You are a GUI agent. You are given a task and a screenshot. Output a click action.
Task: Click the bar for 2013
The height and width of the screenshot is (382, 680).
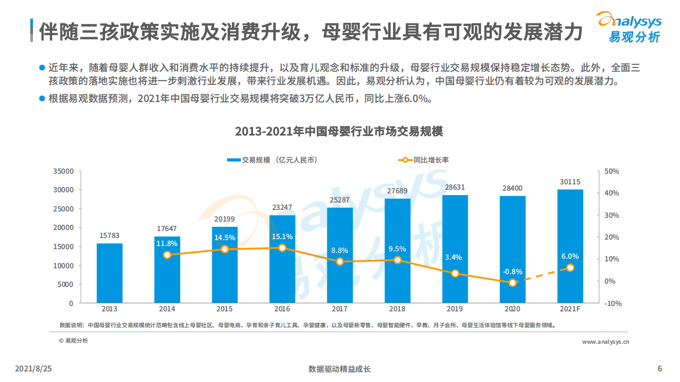click(110, 273)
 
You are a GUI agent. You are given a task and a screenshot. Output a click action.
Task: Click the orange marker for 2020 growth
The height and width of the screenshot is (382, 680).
click(513, 283)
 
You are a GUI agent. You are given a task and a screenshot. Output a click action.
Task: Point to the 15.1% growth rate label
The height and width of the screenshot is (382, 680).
click(282, 236)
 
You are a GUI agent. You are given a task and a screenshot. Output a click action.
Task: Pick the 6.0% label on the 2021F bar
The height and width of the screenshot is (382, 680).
click(570, 256)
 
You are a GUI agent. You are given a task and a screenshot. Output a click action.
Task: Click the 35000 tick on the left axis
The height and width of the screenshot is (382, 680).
click(63, 171)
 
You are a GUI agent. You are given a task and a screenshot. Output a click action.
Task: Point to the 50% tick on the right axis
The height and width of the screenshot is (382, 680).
click(612, 171)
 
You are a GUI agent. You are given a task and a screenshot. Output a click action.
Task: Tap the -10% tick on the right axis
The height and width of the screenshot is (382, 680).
click(613, 303)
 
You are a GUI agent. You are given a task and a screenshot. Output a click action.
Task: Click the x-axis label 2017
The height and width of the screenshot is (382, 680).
click(340, 309)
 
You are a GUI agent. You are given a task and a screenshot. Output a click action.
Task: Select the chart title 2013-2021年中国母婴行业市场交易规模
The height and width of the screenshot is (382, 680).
click(339, 132)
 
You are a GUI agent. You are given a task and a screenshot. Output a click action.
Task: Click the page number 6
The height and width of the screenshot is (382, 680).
click(660, 369)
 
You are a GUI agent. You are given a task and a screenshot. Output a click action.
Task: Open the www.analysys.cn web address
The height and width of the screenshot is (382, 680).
click(606, 342)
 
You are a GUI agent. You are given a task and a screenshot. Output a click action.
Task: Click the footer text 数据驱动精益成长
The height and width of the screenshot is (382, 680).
click(339, 369)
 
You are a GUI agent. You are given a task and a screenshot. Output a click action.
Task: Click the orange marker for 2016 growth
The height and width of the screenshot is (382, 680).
click(282, 248)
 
